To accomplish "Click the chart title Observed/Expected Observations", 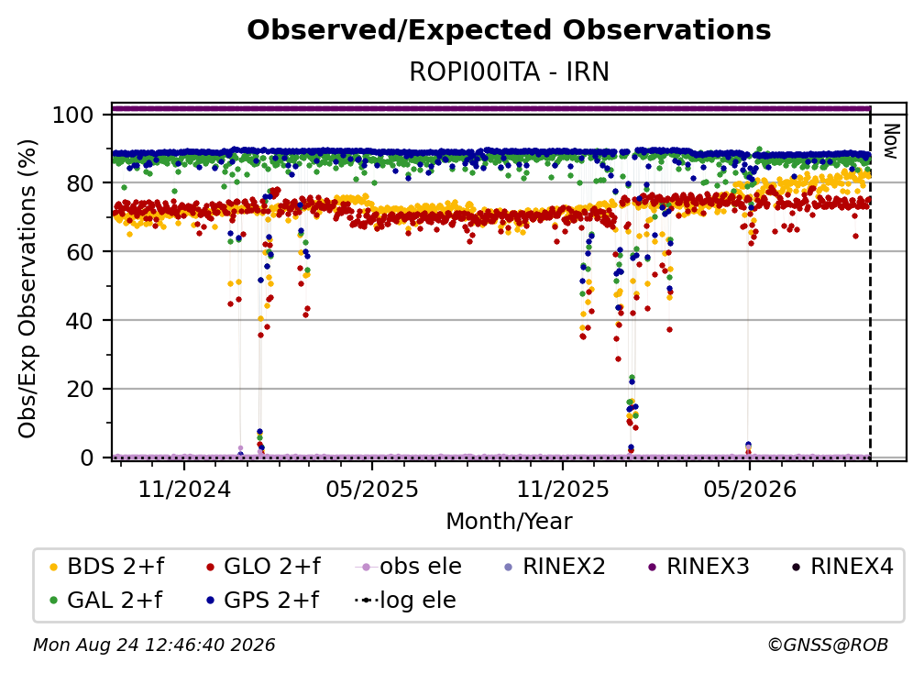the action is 509,30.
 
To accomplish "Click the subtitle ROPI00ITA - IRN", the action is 509,72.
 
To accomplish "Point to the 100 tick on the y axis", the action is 73,115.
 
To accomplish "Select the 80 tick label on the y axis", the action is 80,183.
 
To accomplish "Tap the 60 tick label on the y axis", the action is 80,251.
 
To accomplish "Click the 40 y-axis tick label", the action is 80,321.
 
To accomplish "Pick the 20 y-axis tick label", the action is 80,389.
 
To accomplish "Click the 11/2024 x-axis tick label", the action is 184,489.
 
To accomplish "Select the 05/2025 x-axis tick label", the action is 372,489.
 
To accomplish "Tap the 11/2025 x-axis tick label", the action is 563,489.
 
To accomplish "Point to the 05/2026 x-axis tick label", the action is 750,489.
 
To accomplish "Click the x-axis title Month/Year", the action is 509,522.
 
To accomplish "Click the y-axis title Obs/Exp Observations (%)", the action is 27,288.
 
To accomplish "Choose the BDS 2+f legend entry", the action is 107,567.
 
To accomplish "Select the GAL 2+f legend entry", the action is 106,601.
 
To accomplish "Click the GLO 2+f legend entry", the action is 263,567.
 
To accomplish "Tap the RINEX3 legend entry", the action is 698,567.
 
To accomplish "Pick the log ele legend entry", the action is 405,601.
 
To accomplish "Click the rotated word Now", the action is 891,141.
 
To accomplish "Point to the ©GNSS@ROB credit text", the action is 828,645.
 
